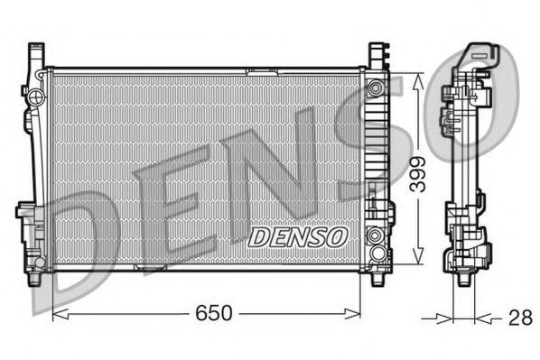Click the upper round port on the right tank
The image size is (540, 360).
point(375,88)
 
